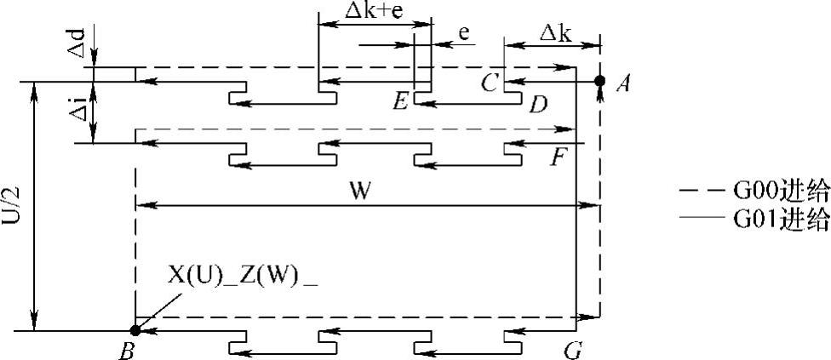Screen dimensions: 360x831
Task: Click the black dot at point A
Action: coord(599,81)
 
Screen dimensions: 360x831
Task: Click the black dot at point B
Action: coord(135,330)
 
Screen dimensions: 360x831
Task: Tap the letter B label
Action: coord(127,349)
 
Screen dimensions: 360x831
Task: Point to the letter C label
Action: coord(489,83)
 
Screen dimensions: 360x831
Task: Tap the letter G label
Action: coord(573,349)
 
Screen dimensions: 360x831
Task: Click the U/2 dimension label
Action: coord(14,207)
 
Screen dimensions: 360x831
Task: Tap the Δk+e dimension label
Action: coord(370,10)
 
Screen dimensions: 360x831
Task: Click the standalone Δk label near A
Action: coord(555,33)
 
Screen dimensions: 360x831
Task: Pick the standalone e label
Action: coord(465,33)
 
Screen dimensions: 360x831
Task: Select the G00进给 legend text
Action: coord(781,191)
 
